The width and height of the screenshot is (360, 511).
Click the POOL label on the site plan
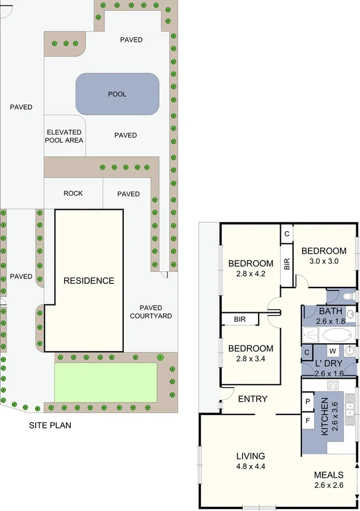coord(117,94)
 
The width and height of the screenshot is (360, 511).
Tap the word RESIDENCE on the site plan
coord(89,280)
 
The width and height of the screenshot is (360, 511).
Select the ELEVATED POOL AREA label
coord(64,136)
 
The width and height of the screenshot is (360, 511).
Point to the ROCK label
coord(73,193)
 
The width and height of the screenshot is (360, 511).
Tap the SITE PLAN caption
coord(50,425)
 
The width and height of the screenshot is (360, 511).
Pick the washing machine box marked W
coord(332,352)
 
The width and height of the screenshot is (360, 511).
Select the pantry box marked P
coord(307,401)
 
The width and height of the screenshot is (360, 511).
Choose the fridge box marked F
coord(307,419)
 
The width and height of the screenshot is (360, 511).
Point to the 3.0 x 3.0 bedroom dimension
coord(324,262)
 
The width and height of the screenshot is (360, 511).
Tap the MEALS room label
coord(329,475)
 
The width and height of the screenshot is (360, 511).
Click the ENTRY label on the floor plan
coord(252,399)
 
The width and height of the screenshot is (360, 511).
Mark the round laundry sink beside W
coord(350,351)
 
